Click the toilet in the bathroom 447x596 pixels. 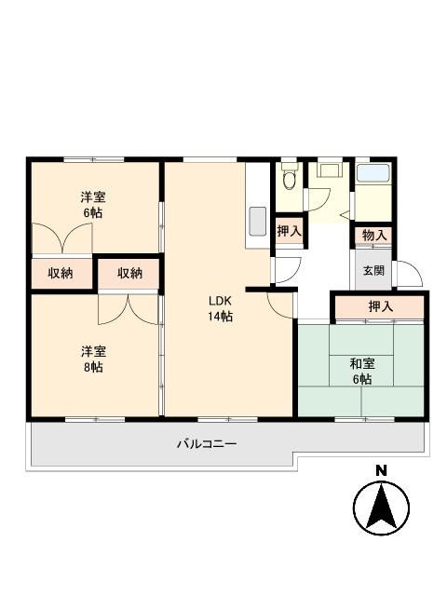pos(290,177)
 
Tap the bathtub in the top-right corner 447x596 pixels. pos(373,174)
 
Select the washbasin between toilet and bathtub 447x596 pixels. pos(329,171)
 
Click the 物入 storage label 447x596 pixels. pos(374,236)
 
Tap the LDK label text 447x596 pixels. pos(220,301)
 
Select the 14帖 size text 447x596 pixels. pos(220,317)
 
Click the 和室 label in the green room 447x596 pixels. pos(362,363)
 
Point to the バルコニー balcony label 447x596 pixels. pos(207,443)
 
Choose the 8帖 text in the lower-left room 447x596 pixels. pos(91,367)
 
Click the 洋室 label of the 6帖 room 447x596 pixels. pos(91,196)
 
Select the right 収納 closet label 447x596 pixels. pos(130,273)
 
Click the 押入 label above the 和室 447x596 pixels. pos(380,306)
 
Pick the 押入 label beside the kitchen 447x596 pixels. pos(289,231)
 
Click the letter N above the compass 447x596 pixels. pos(380,470)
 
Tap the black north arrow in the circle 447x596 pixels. pos(380,508)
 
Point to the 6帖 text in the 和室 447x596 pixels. pos(362,379)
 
